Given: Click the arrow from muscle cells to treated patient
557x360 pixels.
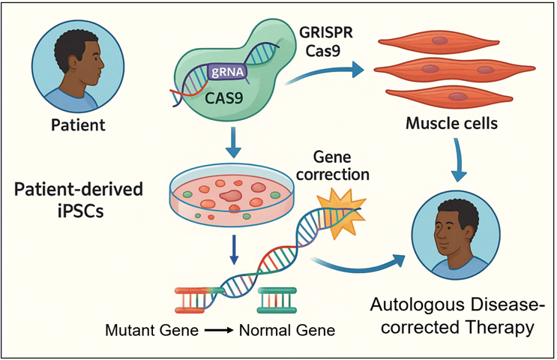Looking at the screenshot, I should (x=458, y=161).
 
